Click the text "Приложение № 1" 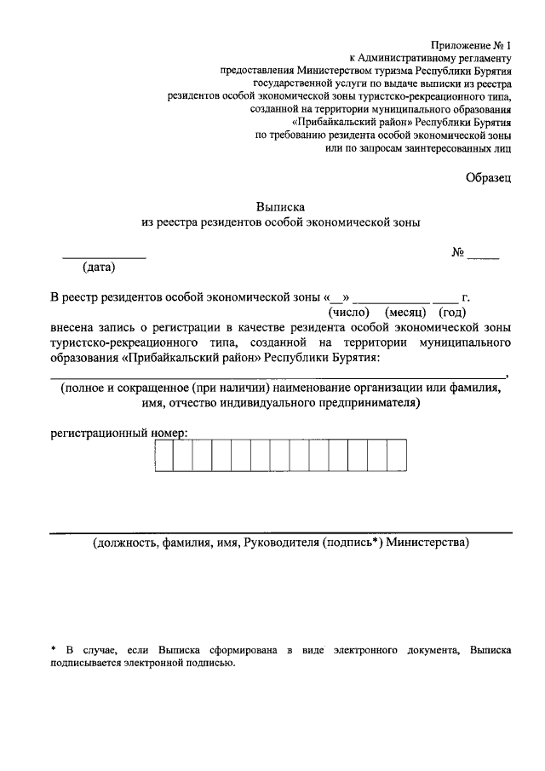coord(472,44)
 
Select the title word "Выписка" coord(280,205)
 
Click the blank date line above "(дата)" coord(104,256)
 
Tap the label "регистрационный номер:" coord(118,432)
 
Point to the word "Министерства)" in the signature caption coord(427,543)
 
